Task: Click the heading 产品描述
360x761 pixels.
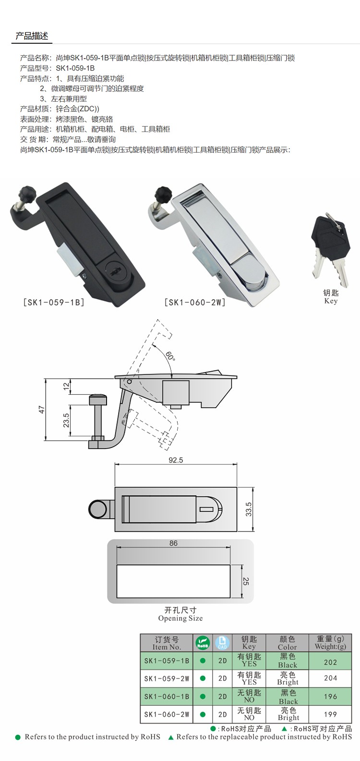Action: tap(32, 36)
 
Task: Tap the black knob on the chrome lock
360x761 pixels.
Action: tap(162, 195)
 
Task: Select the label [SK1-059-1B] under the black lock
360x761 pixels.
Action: tap(53, 302)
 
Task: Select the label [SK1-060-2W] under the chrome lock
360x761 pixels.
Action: tap(195, 302)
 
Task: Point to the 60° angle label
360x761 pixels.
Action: tap(170, 356)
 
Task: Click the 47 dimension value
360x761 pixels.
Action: tap(42, 410)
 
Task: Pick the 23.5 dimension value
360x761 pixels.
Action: tap(66, 420)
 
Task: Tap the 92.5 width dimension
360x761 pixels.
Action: tap(176, 460)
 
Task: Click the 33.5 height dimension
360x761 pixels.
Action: tap(249, 509)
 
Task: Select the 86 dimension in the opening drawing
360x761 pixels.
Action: tap(173, 543)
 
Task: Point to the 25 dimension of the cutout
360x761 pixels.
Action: tap(246, 581)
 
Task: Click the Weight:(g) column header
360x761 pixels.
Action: tap(330, 642)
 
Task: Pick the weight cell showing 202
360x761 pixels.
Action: tap(330, 662)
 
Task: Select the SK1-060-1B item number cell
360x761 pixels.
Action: tap(167, 696)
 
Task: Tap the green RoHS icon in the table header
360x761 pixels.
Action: tap(203, 643)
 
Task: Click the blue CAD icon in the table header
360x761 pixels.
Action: tap(222, 643)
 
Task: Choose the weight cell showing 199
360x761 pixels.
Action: tap(330, 714)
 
